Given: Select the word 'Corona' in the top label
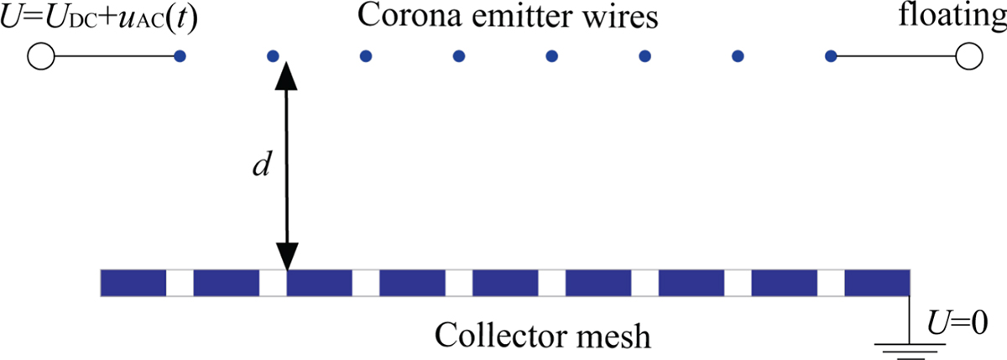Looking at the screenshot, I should [399, 16].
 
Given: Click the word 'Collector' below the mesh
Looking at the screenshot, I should [499, 337].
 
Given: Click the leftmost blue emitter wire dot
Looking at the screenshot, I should [179, 56].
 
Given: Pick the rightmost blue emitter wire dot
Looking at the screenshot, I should [831, 56].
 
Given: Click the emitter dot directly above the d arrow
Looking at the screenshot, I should [272, 56].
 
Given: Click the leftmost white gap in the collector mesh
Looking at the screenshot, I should [180, 283].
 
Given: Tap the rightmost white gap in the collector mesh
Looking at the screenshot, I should [830, 283].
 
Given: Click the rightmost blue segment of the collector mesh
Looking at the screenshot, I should [877, 283].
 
